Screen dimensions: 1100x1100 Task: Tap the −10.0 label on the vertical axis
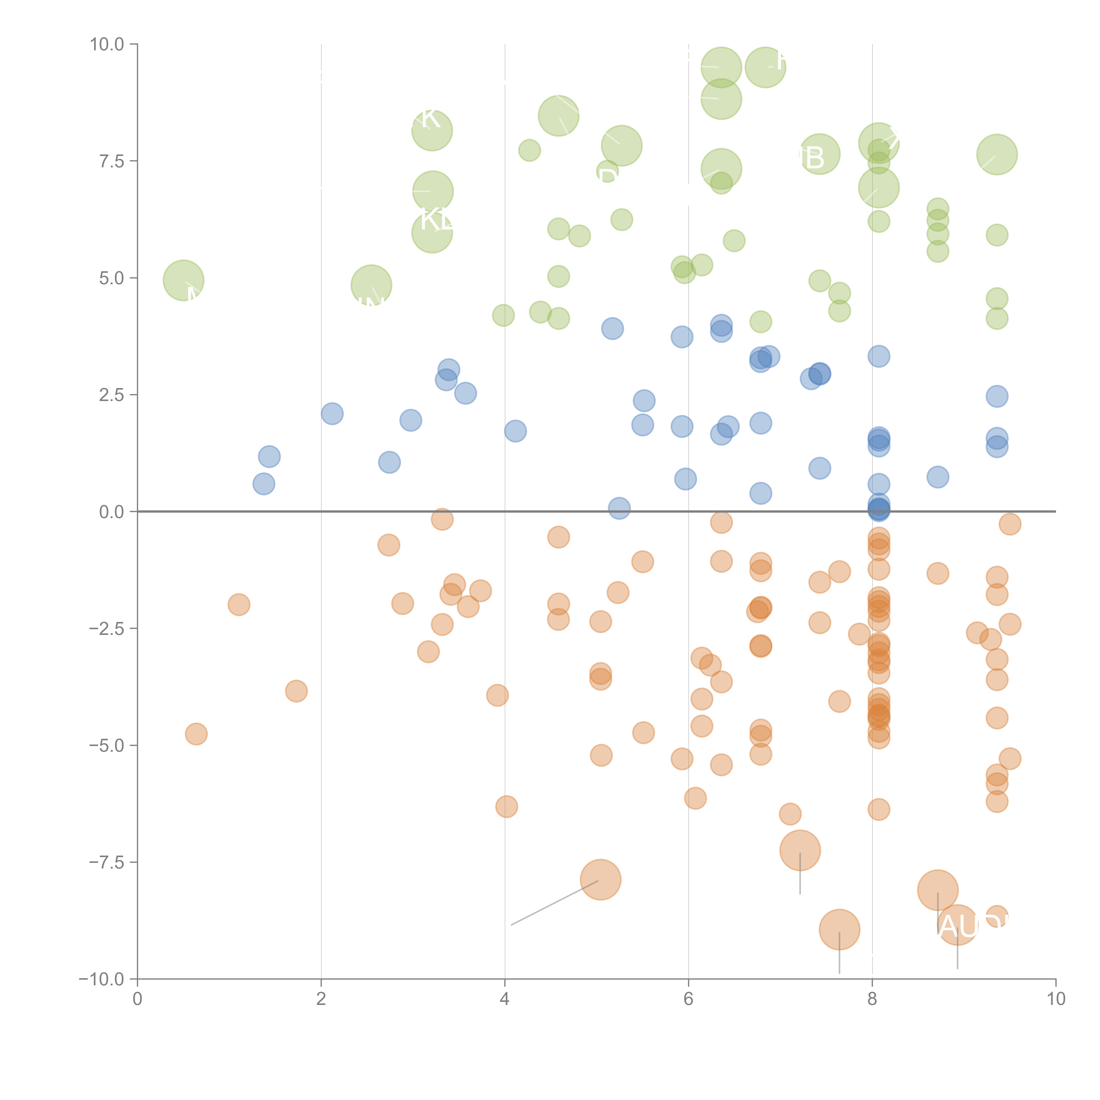(x=101, y=979)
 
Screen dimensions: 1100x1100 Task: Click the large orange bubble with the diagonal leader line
(x=601, y=880)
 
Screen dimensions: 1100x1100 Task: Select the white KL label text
(x=436, y=219)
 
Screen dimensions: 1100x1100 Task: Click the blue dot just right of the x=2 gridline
(x=332, y=413)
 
